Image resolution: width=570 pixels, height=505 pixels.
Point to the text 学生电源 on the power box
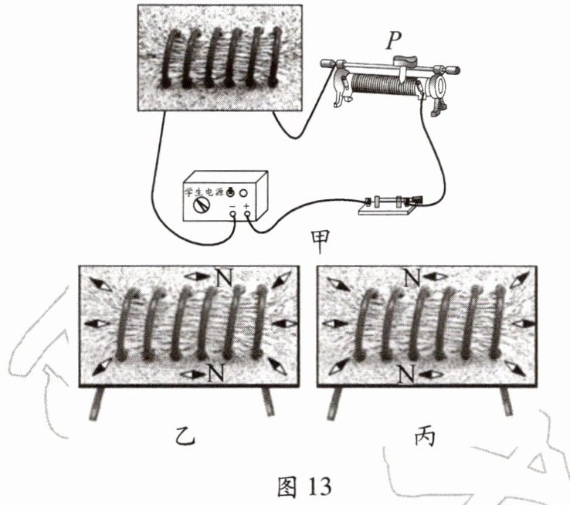202,190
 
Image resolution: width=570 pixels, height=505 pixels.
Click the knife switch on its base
388,204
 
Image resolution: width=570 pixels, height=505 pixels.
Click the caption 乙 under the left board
185,439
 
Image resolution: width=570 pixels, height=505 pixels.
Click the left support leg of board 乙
99,402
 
